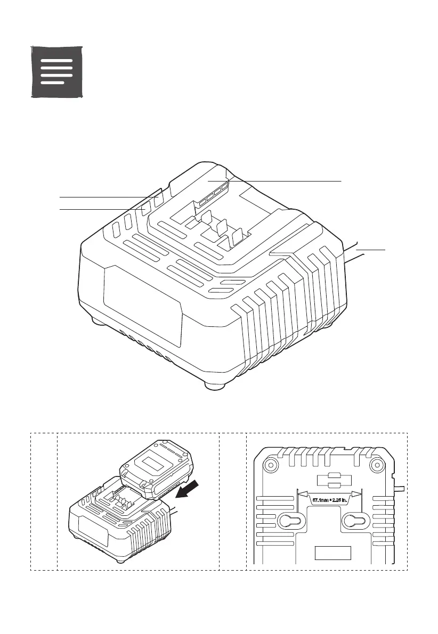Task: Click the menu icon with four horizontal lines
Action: point(56,72)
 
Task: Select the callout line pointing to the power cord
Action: point(370,249)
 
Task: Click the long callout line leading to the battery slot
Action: point(282,181)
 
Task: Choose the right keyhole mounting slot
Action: point(356,522)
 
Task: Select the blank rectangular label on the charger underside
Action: point(332,552)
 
